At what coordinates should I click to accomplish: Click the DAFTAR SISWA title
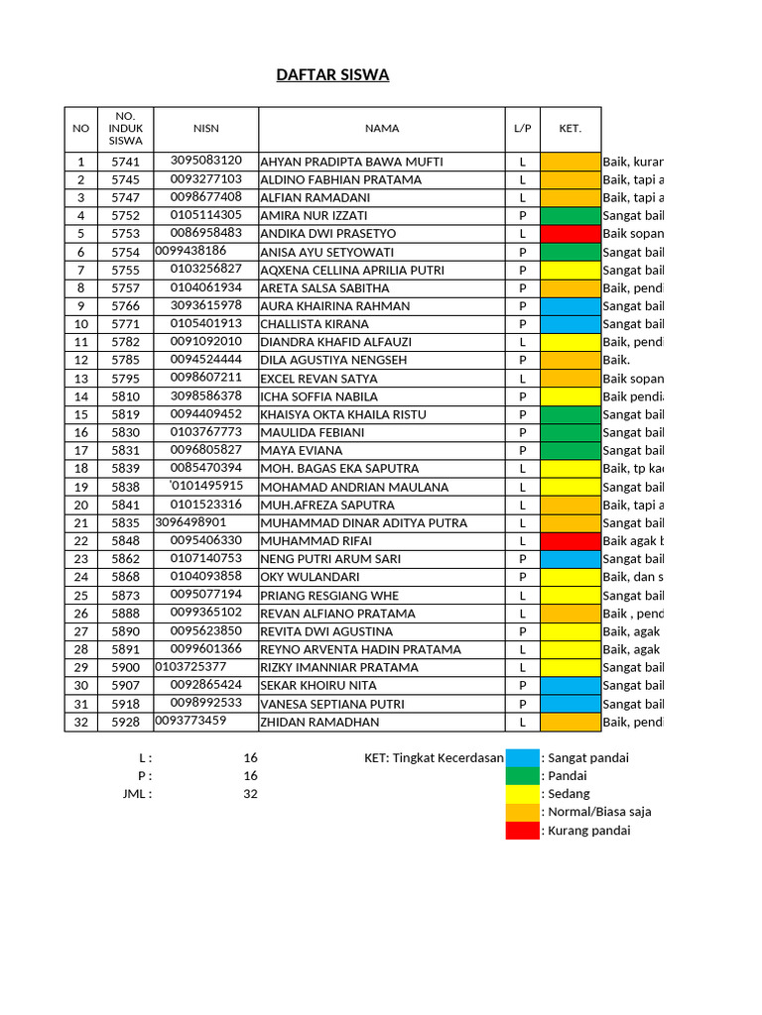pos(331,75)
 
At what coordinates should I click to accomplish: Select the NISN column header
pos(206,128)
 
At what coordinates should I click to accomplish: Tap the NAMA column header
pos(381,128)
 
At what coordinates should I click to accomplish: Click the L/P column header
pos(522,128)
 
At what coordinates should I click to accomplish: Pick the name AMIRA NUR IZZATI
pos(314,215)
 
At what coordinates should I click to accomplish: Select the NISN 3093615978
pos(206,305)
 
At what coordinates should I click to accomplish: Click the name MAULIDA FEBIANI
pos(312,432)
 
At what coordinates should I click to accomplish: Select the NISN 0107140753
pos(206,558)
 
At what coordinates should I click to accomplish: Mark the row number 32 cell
pos(81,723)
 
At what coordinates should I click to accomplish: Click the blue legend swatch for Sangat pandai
pos(522,758)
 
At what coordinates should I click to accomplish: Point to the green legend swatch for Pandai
pos(522,776)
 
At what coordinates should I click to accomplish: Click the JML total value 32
pos(250,794)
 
